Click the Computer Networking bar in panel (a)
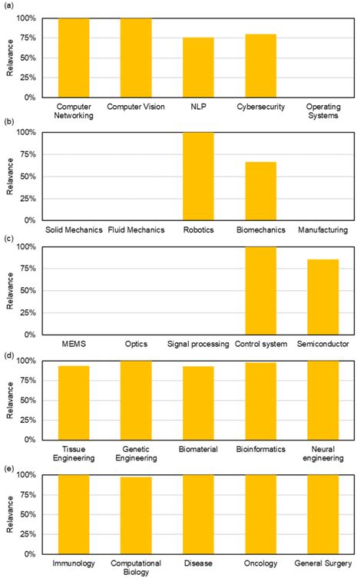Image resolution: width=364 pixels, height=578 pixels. point(74,58)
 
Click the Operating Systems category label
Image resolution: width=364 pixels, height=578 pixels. point(323,111)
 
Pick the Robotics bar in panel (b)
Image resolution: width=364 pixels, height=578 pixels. point(198,177)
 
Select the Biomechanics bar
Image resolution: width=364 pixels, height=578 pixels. point(260,191)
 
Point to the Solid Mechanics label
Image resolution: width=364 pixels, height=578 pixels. point(74,229)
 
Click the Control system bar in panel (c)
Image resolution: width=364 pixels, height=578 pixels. point(260,291)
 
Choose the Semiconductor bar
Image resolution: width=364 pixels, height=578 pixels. point(323,297)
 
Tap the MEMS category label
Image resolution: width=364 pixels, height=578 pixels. point(74,344)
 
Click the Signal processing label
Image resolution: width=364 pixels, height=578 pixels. point(198,344)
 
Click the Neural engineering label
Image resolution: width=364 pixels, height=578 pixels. point(323,453)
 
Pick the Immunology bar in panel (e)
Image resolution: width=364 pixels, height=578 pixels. point(74,514)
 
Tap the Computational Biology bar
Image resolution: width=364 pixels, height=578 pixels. point(136,516)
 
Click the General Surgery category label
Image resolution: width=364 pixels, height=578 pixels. point(323,564)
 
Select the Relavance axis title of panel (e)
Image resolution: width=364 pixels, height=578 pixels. point(10,514)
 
